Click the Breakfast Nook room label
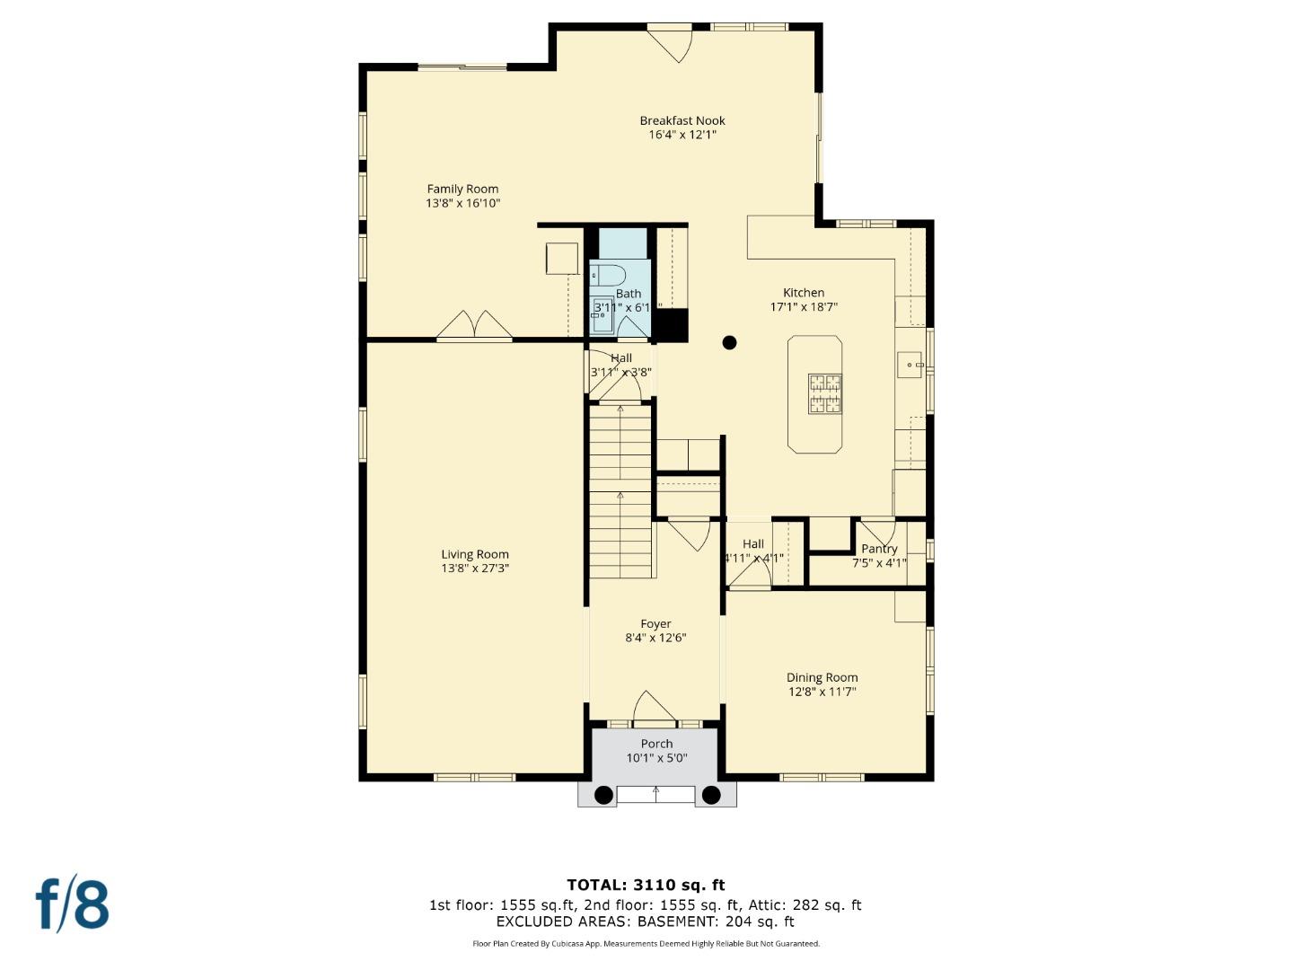[682, 120]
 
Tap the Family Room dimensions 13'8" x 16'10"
[462, 203]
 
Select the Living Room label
[475, 554]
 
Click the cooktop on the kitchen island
[825, 393]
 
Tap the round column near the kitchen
[730, 342]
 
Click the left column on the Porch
[604, 795]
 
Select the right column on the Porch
[711, 795]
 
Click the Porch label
[656, 744]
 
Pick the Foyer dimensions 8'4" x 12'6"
[655, 638]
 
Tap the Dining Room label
[822, 677]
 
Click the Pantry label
[879, 549]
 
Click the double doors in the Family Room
[474, 325]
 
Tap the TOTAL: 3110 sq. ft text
[646, 885]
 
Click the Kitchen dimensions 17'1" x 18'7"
[804, 306]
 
